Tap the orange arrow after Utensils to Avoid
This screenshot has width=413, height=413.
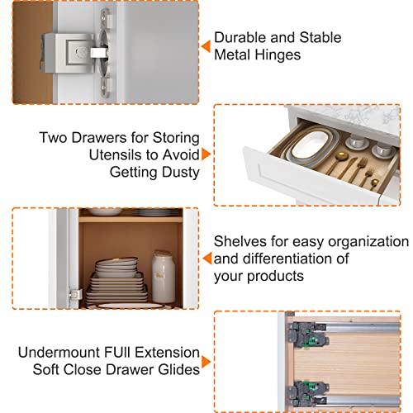coord(206,154)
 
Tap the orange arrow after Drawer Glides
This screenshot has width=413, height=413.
coord(206,363)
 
